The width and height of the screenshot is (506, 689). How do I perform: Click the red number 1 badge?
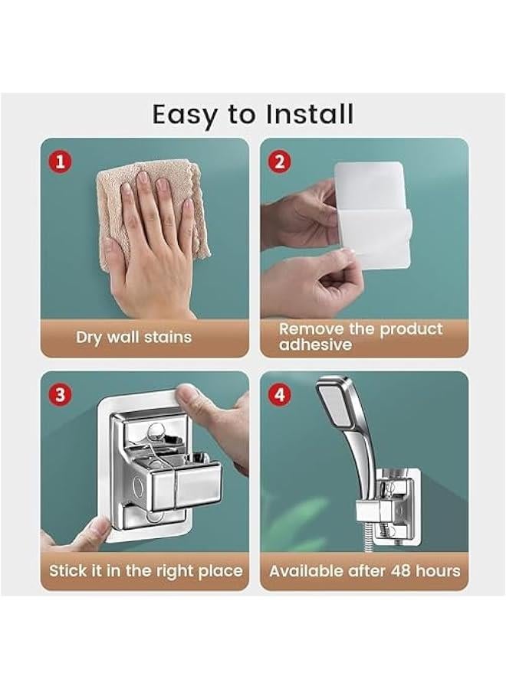pyautogui.click(x=61, y=162)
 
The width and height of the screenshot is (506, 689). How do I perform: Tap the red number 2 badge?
pyautogui.click(x=279, y=162)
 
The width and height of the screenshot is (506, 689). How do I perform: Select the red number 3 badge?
pyautogui.click(x=61, y=394)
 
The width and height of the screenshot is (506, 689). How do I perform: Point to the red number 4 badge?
pyautogui.click(x=279, y=394)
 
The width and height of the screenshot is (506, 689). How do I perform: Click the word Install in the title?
pyautogui.click(x=310, y=114)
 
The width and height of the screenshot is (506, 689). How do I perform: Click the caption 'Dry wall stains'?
pyautogui.click(x=133, y=337)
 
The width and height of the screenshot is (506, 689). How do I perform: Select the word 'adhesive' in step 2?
pyautogui.click(x=315, y=344)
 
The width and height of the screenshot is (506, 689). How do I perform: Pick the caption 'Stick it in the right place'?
pyautogui.click(x=146, y=570)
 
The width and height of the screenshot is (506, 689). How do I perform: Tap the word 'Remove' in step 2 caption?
pyautogui.click(x=311, y=328)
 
